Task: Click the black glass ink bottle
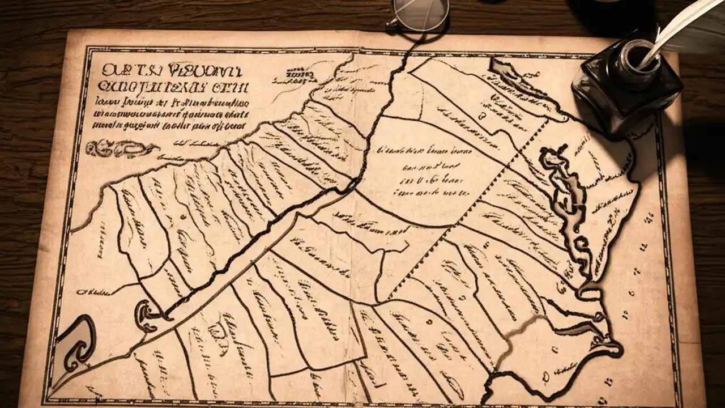626,91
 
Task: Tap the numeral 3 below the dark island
483,117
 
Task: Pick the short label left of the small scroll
93,292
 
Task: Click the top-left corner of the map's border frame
87,50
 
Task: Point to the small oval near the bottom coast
545,376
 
